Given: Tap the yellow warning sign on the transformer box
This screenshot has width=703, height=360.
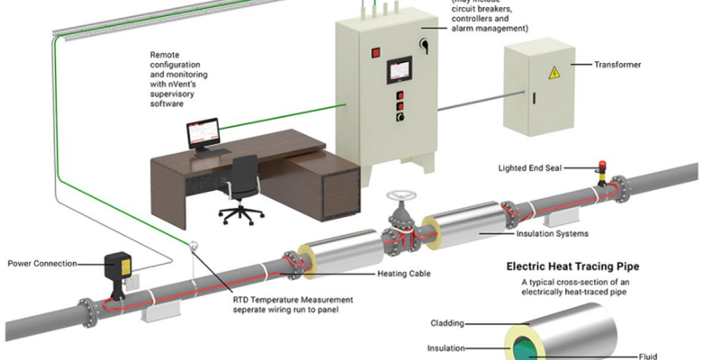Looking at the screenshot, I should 555,72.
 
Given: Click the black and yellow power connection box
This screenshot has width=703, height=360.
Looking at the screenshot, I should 117,267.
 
